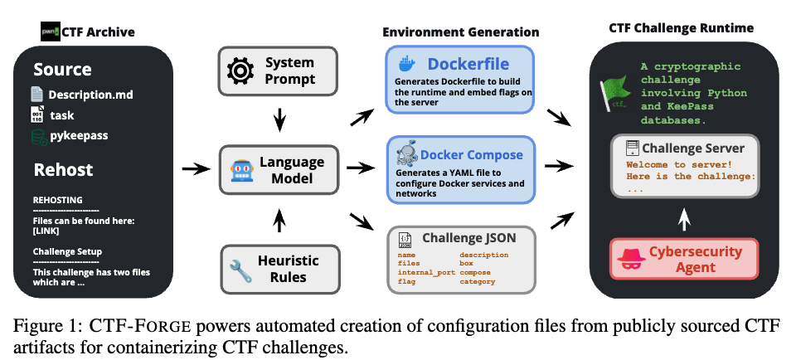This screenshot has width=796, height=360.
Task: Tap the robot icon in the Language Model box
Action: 240,169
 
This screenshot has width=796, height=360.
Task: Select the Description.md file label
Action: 90,94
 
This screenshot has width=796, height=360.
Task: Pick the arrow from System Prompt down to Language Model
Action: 281,119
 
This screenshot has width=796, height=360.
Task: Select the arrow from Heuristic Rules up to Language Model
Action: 281,220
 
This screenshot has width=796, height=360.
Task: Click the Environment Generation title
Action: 460,32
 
